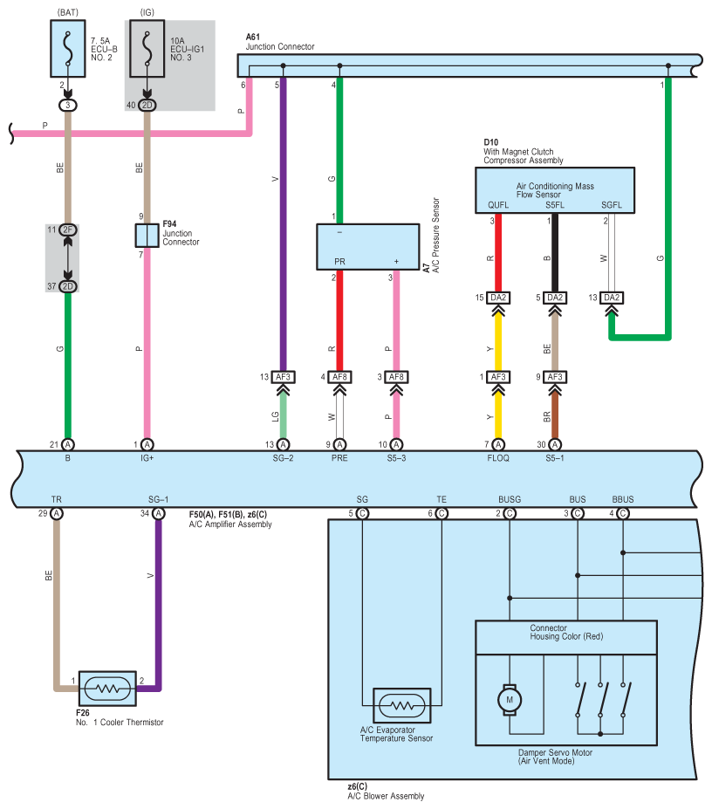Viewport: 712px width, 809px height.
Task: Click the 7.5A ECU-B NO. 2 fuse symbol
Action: [x=67, y=49]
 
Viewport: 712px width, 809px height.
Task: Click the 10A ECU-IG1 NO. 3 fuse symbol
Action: [x=147, y=49]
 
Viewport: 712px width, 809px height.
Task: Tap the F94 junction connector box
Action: [x=147, y=236]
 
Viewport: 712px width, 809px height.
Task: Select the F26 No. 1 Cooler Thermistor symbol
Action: [x=107, y=689]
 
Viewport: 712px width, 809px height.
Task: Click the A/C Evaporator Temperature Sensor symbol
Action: [x=402, y=705]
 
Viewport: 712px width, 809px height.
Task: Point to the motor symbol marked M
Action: [x=510, y=700]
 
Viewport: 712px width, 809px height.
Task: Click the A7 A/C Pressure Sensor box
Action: [x=368, y=247]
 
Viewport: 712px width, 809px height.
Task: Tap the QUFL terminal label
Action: [x=498, y=205]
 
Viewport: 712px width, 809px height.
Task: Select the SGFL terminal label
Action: [x=612, y=205]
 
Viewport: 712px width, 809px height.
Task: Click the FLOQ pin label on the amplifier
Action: [x=498, y=458]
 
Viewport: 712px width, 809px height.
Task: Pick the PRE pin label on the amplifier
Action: [x=339, y=458]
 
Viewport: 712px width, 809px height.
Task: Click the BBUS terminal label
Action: [x=623, y=499]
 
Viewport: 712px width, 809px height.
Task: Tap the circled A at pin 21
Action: [x=67, y=444]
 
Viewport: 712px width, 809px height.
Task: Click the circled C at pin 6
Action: [x=442, y=513]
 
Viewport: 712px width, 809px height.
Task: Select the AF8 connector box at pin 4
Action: [x=339, y=377]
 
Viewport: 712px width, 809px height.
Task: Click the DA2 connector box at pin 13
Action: [x=612, y=298]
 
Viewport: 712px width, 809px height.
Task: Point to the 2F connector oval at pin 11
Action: [x=67, y=230]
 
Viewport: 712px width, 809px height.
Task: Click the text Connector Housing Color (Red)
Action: [x=566, y=633]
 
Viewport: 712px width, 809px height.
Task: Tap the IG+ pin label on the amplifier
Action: [x=147, y=458]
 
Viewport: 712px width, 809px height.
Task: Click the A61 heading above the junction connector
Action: [x=253, y=38]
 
